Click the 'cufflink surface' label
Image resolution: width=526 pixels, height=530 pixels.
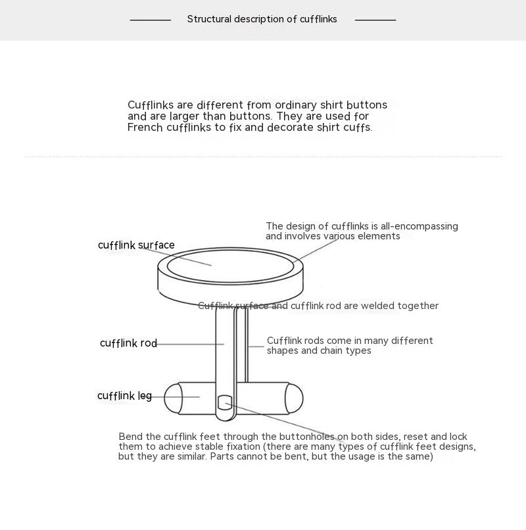click(x=136, y=245)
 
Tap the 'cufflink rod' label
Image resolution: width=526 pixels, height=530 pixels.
click(x=128, y=343)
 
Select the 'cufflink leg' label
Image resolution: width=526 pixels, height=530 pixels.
click(x=124, y=396)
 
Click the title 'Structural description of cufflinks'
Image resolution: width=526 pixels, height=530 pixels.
click(x=262, y=19)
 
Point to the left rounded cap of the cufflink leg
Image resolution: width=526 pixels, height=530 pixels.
click(x=172, y=398)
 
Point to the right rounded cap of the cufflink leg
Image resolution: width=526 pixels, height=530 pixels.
click(x=294, y=398)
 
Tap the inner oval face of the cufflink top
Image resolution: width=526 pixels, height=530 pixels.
click(x=230, y=265)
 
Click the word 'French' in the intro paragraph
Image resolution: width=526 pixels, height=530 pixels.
click(x=145, y=128)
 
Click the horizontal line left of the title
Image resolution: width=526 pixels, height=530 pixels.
click(x=150, y=20)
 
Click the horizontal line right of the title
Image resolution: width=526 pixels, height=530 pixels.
click(x=375, y=20)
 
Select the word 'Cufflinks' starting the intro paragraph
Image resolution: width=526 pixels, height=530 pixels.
click(x=151, y=105)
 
